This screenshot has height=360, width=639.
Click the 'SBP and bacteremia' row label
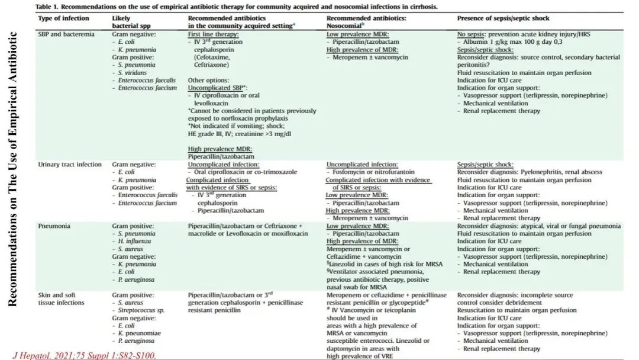[x=66, y=34]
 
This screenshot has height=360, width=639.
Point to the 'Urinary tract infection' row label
[x=70, y=164]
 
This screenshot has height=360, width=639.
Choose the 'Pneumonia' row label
[x=54, y=226]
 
